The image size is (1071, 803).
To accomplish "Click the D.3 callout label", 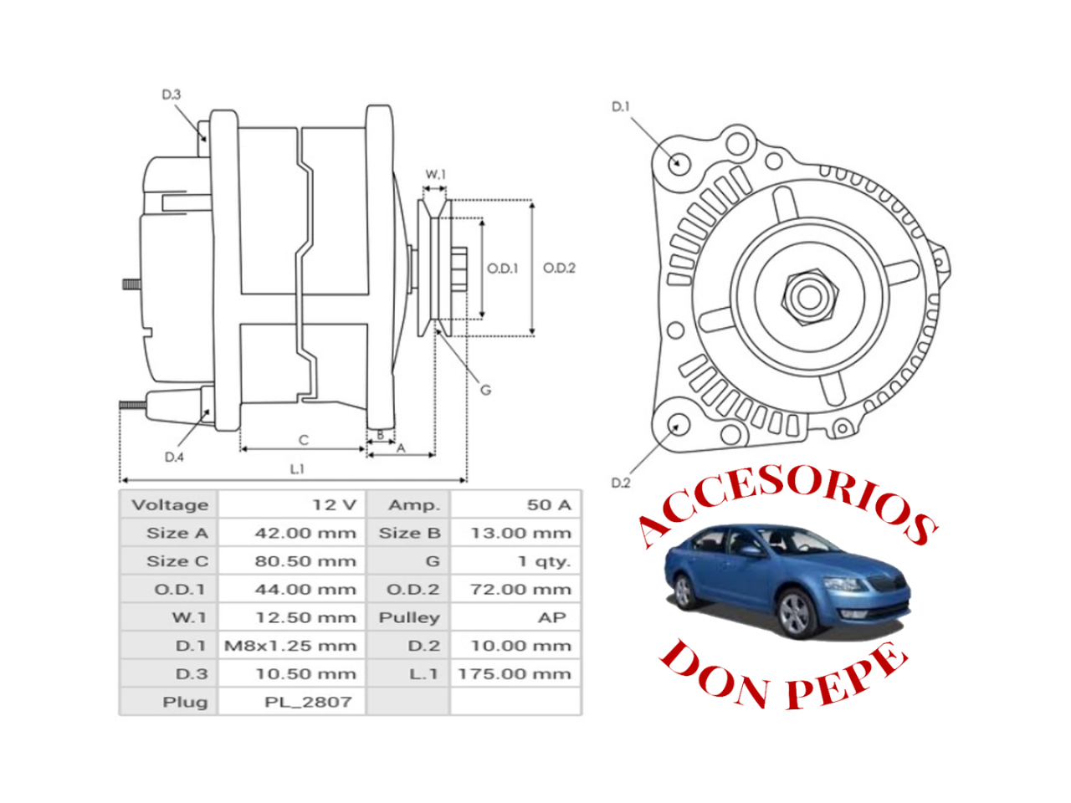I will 172,95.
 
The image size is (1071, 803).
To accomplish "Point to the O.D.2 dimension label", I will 559,268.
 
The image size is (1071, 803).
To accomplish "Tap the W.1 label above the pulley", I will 435,174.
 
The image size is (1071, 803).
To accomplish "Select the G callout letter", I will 485,390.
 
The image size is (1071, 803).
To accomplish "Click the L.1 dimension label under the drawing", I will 297,468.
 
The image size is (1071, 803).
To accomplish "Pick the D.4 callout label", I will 174,457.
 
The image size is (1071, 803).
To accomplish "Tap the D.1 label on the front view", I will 620,106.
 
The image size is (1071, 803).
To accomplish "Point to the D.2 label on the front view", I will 620,483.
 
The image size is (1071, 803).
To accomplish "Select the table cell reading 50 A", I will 549,504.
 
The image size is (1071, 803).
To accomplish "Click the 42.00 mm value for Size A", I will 305,533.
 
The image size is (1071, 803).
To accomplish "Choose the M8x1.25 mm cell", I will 290,646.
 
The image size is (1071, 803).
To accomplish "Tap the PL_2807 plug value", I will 308,702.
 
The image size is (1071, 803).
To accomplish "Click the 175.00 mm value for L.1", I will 515,674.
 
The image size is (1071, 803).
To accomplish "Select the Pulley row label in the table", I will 409,617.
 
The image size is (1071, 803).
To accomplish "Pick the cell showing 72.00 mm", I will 520,589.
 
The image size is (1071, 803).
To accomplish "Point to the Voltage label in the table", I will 170,504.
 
